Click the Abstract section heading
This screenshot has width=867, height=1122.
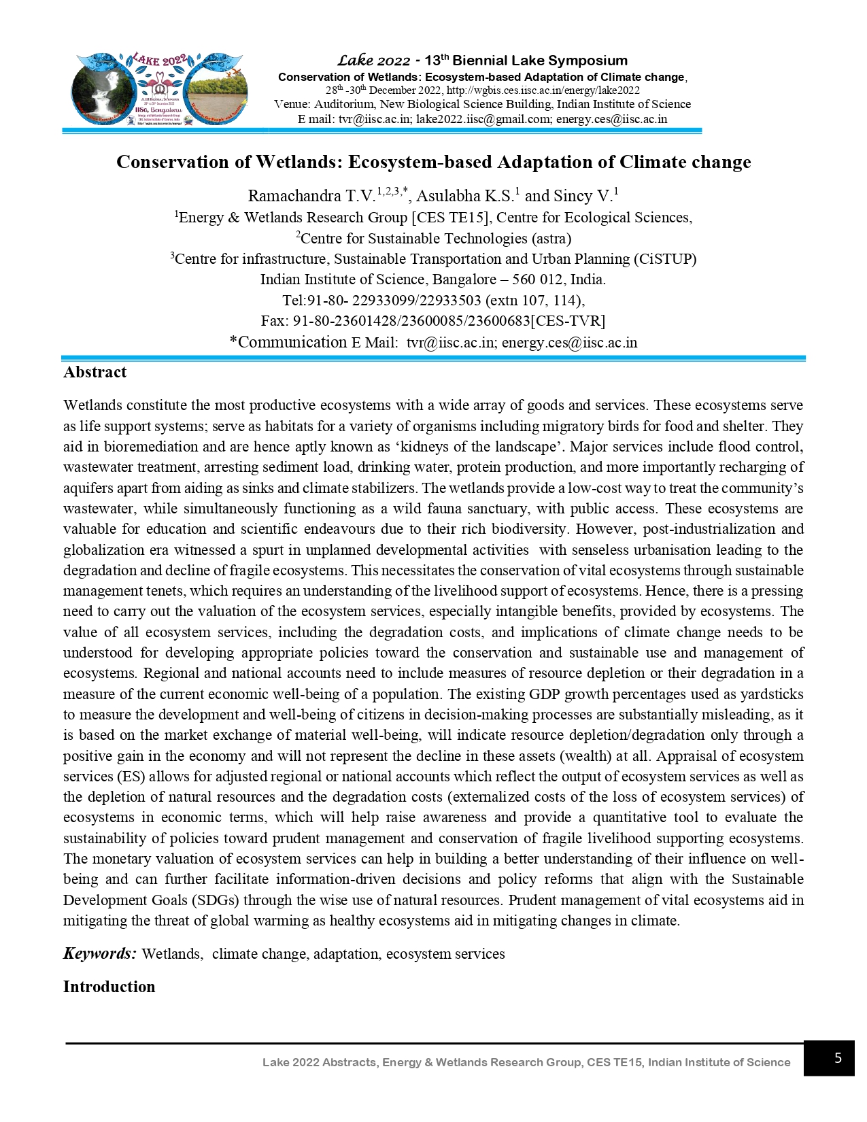click(95, 372)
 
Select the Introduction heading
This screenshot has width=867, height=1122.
click(109, 987)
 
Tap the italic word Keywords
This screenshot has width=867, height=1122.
click(99, 953)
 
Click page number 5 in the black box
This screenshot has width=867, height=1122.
click(838, 1058)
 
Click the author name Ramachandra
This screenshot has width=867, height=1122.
click(293, 197)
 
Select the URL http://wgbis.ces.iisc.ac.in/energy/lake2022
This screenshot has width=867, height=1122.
click(543, 90)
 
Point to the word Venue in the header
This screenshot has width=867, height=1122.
click(291, 105)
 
